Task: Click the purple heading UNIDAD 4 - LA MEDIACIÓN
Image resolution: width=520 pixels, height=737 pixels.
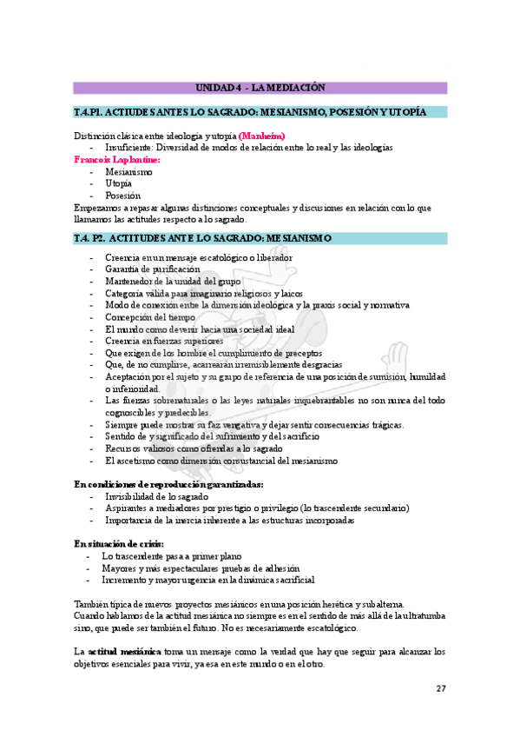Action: [260, 88]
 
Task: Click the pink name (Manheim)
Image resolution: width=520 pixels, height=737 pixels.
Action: [261, 136]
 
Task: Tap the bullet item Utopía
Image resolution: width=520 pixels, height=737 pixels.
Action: [119, 184]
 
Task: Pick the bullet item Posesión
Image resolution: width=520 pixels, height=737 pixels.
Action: [122, 196]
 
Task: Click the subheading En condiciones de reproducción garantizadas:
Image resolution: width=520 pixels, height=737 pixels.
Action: [168, 484]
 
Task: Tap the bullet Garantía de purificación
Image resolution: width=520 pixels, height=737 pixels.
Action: [152, 269]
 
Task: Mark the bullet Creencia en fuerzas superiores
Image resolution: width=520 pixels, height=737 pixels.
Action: [164, 342]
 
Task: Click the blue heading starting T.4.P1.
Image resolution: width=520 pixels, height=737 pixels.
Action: [250, 113]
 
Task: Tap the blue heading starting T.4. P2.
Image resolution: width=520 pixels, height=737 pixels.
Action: [202, 238]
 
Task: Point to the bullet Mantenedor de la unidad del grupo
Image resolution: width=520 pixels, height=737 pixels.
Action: [172, 282]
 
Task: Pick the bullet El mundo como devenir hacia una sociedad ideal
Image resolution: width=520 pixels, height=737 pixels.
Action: [200, 329]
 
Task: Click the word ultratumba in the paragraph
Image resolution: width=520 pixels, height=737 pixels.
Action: [419, 615]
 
